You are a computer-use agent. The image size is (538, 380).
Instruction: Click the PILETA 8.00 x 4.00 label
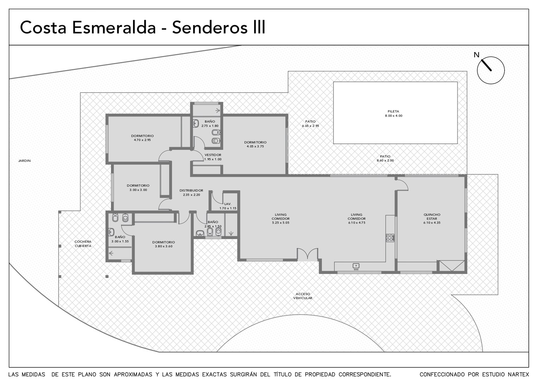pyautogui.click(x=393, y=114)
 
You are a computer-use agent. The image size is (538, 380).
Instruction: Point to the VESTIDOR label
pyautogui.click(x=213, y=155)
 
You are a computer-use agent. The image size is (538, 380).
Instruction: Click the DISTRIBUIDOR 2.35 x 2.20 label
pyautogui.click(x=192, y=192)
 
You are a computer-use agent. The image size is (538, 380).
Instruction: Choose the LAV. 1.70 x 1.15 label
pyautogui.click(x=228, y=206)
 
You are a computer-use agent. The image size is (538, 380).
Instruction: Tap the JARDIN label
pyautogui.click(x=25, y=161)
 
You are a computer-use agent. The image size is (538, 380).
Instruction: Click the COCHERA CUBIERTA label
pyautogui.click(x=83, y=243)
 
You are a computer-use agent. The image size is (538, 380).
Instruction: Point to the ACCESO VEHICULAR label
pyautogui.click(x=303, y=296)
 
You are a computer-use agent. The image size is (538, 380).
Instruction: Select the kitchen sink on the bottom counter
pyautogui.click(x=356, y=266)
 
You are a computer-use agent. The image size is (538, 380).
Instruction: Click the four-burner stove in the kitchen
pyautogui.click(x=390, y=237)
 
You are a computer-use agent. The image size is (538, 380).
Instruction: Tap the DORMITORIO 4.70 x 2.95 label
pyautogui.click(x=142, y=138)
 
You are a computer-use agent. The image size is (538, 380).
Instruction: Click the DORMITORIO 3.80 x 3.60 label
pyautogui.click(x=164, y=244)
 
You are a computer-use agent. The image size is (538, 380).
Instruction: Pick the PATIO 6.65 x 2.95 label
pyautogui.click(x=310, y=123)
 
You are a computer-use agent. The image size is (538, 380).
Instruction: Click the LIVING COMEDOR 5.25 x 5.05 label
pyautogui.click(x=281, y=218)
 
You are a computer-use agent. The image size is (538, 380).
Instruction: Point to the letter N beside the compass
pyautogui.click(x=476, y=55)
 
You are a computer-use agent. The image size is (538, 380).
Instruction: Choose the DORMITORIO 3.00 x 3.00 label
pyautogui.click(x=138, y=188)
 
